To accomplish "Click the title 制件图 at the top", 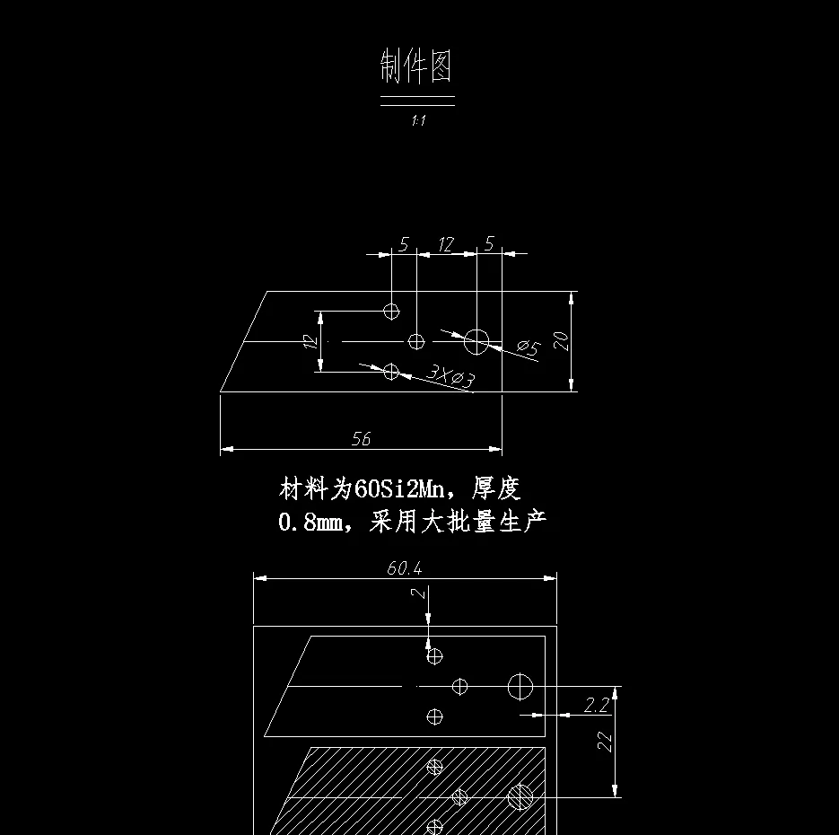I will [x=416, y=66].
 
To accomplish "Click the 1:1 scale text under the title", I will [x=417, y=120].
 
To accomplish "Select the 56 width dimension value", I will [x=361, y=439].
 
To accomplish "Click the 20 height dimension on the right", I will [x=561, y=340].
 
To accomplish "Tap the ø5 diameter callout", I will [x=529, y=347].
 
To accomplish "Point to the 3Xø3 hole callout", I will [x=450, y=377].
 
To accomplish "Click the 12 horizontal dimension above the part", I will [x=446, y=244].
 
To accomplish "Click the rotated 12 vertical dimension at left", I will [x=310, y=341].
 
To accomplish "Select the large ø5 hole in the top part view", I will [x=476, y=341].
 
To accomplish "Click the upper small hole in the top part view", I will [x=391, y=311].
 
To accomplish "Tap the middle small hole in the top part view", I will [x=416, y=341].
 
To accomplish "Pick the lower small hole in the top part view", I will [x=391, y=371].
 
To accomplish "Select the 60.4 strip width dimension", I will [x=404, y=568].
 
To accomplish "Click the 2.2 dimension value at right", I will [x=596, y=706].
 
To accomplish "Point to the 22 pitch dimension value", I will [x=606, y=741].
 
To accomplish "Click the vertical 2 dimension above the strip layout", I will [x=416, y=594].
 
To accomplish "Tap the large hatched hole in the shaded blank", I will [x=520, y=796].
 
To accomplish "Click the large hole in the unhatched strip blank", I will [x=520, y=687].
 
